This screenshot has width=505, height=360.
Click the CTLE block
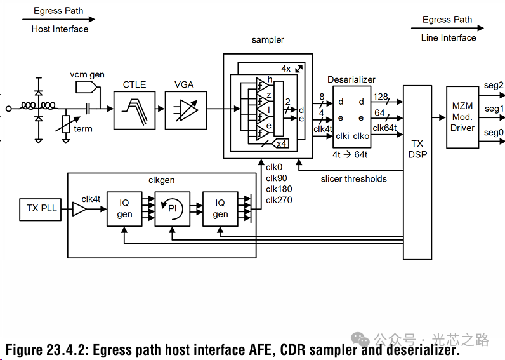pyautogui.click(x=134, y=109)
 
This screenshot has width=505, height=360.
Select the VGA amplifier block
pyautogui.click(x=185, y=109)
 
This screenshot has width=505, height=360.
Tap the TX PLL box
pyautogui.click(x=41, y=208)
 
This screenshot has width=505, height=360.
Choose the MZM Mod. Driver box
pyautogui.click(x=462, y=117)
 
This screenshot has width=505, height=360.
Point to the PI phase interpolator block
pyautogui.click(x=172, y=208)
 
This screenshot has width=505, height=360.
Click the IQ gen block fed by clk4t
pyautogui.click(x=124, y=208)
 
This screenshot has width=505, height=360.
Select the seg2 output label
pyautogui.click(x=494, y=85)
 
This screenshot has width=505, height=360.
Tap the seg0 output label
pyautogui.click(x=494, y=132)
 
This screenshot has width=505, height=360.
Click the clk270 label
pyautogui.click(x=279, y=200)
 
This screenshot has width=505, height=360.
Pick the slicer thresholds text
pyautogui.click(x=353, y=179)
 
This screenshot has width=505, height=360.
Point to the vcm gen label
pyautogui.click(x=88, y=74)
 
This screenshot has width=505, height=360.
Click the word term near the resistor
pyautogui.click(x=83, y=129)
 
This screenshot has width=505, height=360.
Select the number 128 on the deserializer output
pyautogui.click(x=381, y=97)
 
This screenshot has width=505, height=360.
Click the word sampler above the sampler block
pyautogui.click(x=268, y=40)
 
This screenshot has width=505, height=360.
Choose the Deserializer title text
pyautogui.click(x=351, y=79)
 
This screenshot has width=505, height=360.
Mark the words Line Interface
pyautogui.click(x=449, y=38)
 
